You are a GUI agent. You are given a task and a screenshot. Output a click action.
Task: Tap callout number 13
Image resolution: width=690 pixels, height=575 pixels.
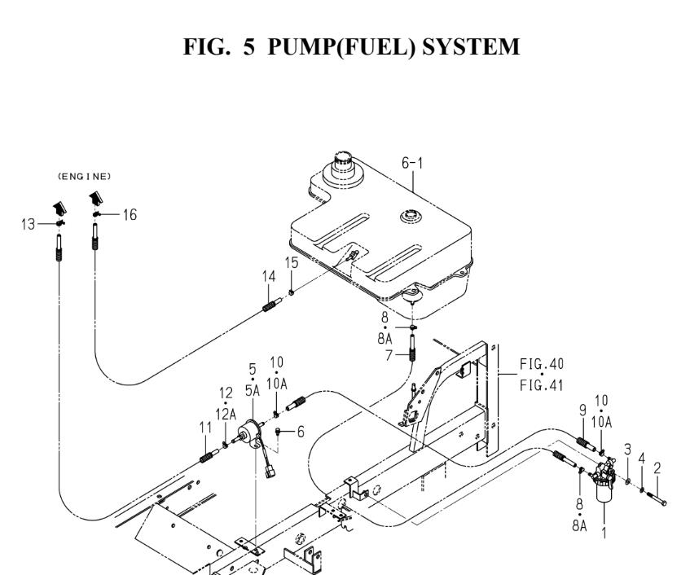point(28,222)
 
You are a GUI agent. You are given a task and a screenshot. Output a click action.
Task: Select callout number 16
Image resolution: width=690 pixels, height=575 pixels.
point(129,214)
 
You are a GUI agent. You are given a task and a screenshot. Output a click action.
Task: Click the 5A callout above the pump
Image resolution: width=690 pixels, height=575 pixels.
point(252,390)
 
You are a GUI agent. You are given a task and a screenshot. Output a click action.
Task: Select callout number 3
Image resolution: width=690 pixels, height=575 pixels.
point(626,449)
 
